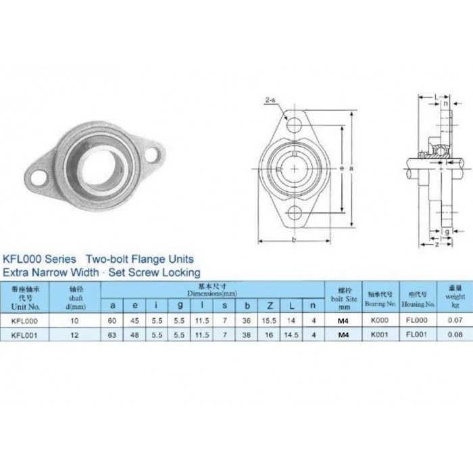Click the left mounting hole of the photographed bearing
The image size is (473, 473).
coord(40,178)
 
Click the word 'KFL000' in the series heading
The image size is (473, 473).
coord(24,259)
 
